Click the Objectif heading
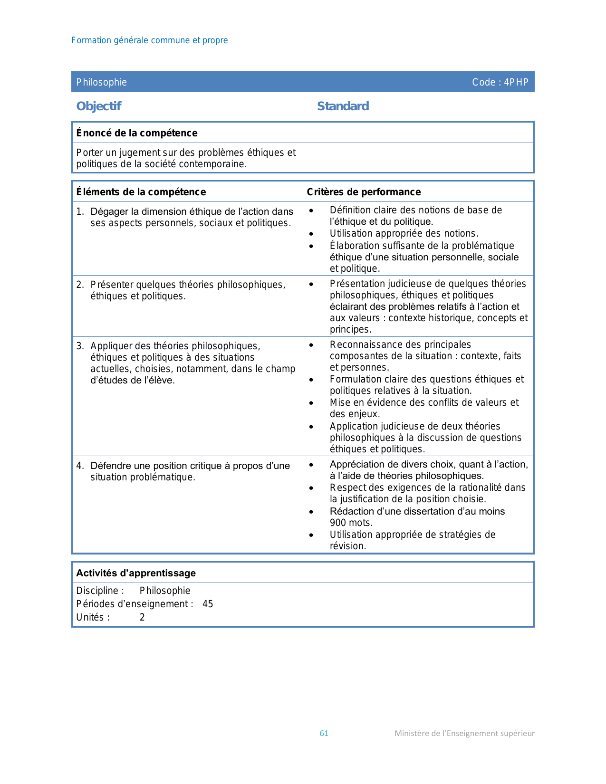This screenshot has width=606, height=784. [x=99, y=106]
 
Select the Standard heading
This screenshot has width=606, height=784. [x=343, y=106]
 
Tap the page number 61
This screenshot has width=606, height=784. [x=324, y=733]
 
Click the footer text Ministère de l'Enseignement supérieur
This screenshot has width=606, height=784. [x=464, y=733]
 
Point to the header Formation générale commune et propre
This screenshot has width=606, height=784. [x=149, y=40]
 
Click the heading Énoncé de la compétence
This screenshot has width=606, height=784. [x=137, y=133]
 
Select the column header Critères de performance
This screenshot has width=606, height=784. [x=364, y=192]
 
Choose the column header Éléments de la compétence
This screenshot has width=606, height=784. [x=141, y=192]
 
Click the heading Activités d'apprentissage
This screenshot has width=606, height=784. [x=136, y=573]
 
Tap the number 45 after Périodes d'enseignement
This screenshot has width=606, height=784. [x=208, y=604]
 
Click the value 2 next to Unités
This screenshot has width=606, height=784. [x=142, y=617]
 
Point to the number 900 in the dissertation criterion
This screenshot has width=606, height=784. [x=338, y=523]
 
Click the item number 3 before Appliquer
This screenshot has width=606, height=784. [x=80, y=346]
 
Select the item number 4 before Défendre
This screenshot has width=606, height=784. [x=80, y=466]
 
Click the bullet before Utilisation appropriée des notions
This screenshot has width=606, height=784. [x=311, y=234]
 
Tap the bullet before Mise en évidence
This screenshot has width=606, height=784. [x=311, y=403]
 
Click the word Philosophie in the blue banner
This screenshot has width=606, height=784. [x=102, y=82]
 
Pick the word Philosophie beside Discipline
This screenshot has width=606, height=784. [x=165, y=591]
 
